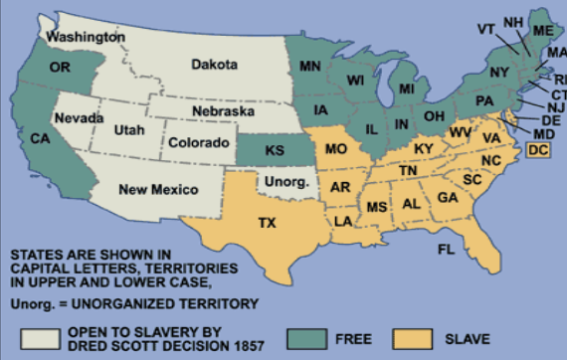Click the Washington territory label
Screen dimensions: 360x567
coord(87,37)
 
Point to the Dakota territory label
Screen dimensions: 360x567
coord(216,65)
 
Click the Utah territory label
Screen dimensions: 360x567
coord(129,130)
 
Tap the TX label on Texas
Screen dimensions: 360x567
coord(267,223)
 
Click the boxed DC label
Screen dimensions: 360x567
coord(538,150)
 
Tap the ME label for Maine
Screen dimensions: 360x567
coord(542,31)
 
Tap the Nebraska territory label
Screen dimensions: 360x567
coord(225,111)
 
